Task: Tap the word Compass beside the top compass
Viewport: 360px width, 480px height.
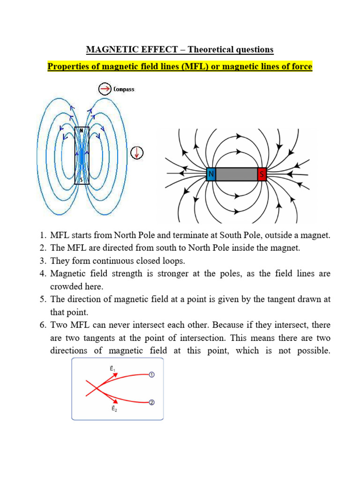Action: pyautogui.click(x=124, y=89)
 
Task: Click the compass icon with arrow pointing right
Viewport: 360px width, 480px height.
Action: pyautogui.click(x=105, y=89)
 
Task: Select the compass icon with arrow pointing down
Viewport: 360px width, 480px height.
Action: pyautogui.click(x=137, y=152)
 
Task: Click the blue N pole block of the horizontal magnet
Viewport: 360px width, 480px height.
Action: pyautogui.click(x=211, y=174)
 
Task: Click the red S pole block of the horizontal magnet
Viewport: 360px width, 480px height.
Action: pyautogui.click(x=262, y=174)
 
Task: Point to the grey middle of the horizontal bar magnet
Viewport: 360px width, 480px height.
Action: pyautogui.click(x=237, y=174)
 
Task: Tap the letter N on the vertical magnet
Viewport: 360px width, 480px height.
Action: pyautogui.click(x=82, y=130)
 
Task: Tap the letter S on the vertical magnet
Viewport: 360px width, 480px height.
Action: pyautogui.click(x=82, y=180)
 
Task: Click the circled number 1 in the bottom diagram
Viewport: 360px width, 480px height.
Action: pyautogui.click(x=151, y=374)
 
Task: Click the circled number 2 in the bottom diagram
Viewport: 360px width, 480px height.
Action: pyautogui.click(x=151, y=402)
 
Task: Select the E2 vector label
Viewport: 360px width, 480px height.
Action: pyautogui.click(x=114, y=408)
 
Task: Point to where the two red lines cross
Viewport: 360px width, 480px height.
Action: pyautogui.click(x=97, y=388)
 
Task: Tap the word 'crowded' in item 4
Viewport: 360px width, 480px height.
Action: pyautogui.click(x=66, y=286)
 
